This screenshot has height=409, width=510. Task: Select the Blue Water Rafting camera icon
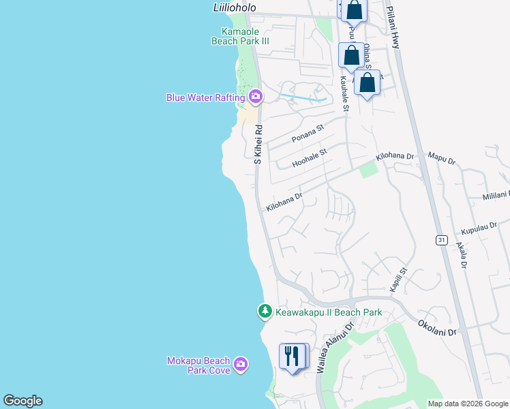(256, 97)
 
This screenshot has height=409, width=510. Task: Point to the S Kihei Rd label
(258, 144)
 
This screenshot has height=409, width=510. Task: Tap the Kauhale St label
(345, 94)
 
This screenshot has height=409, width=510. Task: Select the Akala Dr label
(462, 254)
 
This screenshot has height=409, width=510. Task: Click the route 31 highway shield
(442, 239)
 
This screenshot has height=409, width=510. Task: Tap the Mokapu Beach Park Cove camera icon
(240, 365)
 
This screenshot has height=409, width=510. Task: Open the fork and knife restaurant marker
(292, 357)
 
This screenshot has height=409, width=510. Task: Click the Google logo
(22, 401)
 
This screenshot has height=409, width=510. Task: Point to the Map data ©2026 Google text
(468, 404)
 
